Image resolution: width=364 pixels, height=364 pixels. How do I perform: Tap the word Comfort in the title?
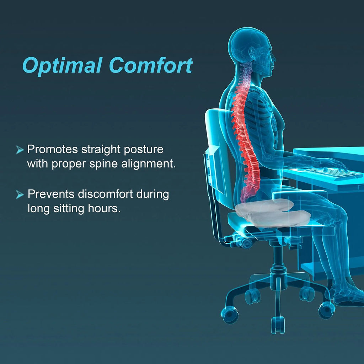[x=151, y=65]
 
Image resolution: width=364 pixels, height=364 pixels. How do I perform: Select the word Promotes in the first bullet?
[x=53, y=149]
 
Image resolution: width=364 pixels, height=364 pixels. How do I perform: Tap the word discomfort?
[x=107, y=194]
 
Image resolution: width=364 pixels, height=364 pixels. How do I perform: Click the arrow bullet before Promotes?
[x=20, y=150]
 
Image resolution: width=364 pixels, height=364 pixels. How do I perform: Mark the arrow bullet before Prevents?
[x=20, y=194]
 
